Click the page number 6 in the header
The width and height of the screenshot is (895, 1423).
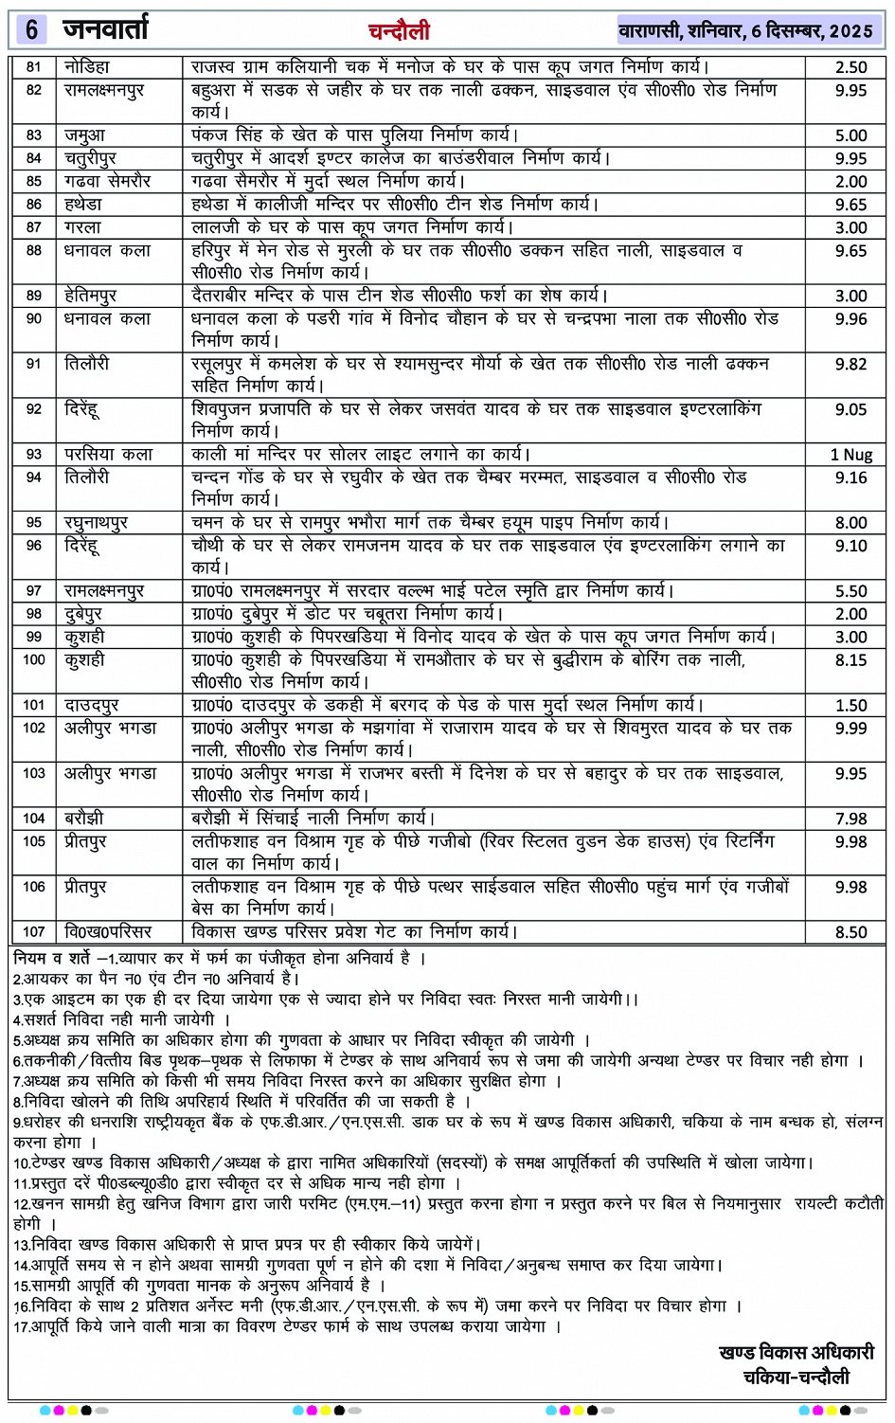coord(31,30)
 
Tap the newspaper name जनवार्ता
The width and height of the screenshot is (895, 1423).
coord(106,30)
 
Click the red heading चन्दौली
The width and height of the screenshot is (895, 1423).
coord(399,31)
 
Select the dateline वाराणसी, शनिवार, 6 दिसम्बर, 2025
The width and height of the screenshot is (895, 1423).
coord(745,31)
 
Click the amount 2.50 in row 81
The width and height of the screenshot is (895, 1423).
coord(850,67)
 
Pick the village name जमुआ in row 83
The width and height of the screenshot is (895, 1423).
coord(85,135)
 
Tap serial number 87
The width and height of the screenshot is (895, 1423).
coord(34,227)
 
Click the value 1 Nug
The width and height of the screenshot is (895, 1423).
coord(850,455)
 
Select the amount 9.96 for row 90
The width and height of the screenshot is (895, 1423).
coord(850,319)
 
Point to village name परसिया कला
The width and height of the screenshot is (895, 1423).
coord(108,455)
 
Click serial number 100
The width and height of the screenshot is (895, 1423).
coord(34,659)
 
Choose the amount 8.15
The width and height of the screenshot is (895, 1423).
coord(850,660)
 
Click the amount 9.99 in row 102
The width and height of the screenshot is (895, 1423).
coord(850,729)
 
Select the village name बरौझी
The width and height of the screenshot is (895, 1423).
coord(84,818)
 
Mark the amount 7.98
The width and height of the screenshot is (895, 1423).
coord(850,819)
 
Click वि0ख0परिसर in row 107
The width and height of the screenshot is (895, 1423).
coord(108,932)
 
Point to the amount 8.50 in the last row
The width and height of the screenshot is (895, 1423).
coord(850,932)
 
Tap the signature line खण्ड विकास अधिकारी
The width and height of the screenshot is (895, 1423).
coord(796,1353)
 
